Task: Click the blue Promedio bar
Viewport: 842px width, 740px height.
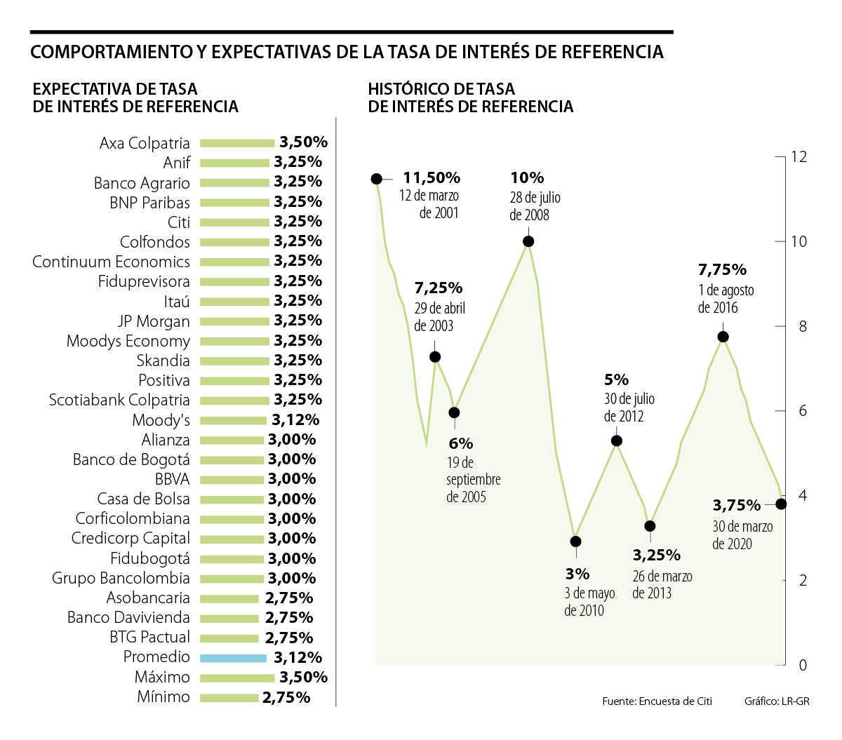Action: tap(233, 658)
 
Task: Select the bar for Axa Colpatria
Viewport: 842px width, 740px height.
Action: tap(237, 143)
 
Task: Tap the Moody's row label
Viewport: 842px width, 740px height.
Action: tap(161, 420)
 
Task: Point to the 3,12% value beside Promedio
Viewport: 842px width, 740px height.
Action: tap(298, 657)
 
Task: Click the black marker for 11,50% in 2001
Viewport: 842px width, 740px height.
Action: tap(377, 179)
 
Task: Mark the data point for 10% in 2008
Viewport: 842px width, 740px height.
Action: tap(528, 241)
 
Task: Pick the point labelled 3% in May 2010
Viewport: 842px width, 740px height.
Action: tap(575, 541)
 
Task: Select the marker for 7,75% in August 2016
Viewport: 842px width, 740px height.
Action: tap(723, 337)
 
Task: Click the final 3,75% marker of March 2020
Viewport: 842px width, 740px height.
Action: tap(781, 504)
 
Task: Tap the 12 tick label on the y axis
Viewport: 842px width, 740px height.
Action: tap(798, 156)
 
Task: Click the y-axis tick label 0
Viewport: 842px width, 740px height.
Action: tap(803, 665)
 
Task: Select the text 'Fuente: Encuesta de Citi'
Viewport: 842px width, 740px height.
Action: tap(657, 701)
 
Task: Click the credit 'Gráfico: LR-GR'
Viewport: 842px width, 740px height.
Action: tap(777, 701)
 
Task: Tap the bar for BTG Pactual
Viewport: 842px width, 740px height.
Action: tap(229, 638)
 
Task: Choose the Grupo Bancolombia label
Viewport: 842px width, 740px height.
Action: tap(121, 578)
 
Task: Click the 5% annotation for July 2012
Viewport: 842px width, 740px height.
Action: tap(616, 380)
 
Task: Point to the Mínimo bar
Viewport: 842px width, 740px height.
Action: tap(229, 698)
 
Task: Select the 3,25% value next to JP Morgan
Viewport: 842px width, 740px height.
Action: tap(298, 321)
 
